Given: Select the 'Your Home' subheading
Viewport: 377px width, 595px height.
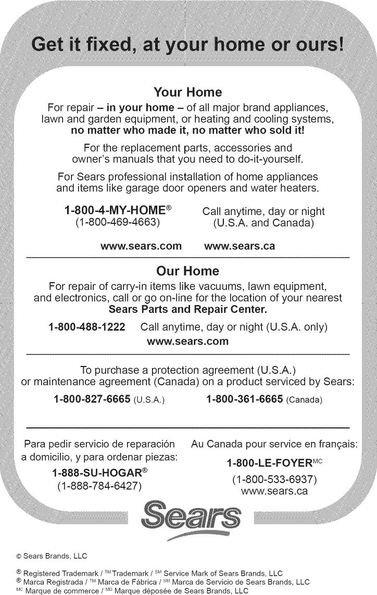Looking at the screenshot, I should [x=188, y=93].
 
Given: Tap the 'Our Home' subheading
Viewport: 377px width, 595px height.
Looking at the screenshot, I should [x=188, y=271].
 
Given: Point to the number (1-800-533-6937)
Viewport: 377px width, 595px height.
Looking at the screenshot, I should [x=274, y=479].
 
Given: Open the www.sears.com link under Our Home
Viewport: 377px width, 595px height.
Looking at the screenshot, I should [x=188, y=341].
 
